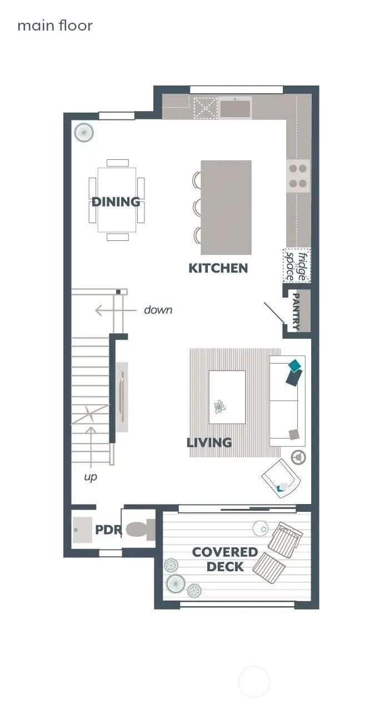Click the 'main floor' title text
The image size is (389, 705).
55,26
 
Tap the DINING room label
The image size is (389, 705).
116,202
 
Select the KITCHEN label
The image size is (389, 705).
218,268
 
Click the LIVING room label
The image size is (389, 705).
209,442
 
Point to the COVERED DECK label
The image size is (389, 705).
225,559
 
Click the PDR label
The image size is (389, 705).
108,530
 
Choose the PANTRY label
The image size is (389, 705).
296,312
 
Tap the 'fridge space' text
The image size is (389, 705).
296,265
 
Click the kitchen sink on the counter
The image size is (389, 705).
235,107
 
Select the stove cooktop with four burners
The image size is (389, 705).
298,175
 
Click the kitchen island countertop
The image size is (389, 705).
226,207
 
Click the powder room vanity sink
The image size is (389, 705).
83,530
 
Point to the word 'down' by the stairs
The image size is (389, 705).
158,310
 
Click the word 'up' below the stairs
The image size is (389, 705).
91,477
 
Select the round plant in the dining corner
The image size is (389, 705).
84,133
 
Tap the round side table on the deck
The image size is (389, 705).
261,528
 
